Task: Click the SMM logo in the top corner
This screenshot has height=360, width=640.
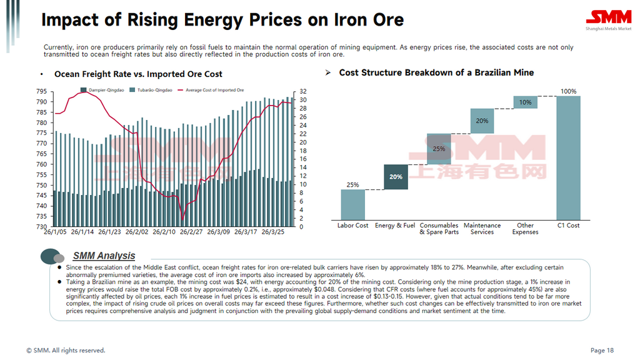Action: coord(609,20)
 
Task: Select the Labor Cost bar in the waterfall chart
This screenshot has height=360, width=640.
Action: coord(353,205)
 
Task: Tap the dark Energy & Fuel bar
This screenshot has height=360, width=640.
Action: coord(396,177)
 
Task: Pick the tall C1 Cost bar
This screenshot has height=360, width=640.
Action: coord(568,158)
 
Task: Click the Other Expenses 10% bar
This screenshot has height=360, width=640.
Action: coord(525,102)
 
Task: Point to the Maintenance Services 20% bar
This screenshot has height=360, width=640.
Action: coord(482,121)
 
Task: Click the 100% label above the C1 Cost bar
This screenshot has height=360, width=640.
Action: coord(568,91)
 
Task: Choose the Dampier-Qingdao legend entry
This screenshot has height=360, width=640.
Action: coord(102,90)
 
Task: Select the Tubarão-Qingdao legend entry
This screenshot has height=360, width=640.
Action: coord(151,90)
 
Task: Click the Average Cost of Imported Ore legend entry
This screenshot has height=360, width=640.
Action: coord(211,90)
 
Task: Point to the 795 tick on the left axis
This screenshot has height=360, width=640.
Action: coord(42,91)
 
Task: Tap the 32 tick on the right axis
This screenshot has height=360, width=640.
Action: coord(303,91)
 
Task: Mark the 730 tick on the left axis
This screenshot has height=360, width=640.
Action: coord(42,226)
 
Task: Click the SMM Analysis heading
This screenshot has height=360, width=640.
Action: coord(104,256)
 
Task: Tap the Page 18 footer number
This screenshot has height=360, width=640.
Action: coord(602,350)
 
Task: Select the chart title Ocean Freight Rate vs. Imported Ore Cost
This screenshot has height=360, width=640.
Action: coord(138,74)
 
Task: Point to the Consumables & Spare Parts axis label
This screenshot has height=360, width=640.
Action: coord(439,229)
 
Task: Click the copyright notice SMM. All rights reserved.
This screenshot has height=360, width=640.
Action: coord(66,350)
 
